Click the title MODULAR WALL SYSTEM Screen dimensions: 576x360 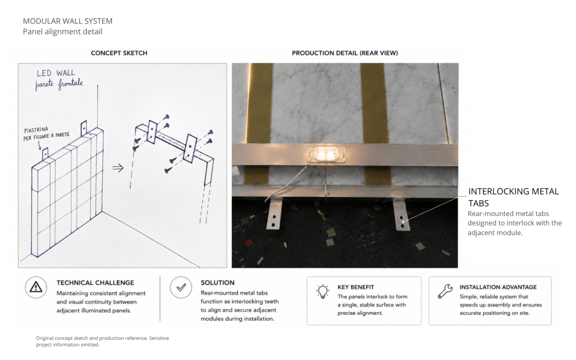pyautogui.click(x=67, y=21)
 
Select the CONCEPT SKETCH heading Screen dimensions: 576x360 pyautogui.click(x=119, y=53)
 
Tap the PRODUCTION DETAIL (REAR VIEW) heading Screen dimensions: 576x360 pyautogui.click(x=345, y=53)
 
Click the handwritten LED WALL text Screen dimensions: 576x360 pyautogui.click(x=56, y=73)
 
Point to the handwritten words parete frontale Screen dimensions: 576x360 pyautogui.click(x=59, y=84)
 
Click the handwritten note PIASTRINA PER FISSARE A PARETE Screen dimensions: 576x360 pyautogui.click(x=46, y=134)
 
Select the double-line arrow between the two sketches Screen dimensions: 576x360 pyautogui.click(x=118, y=168)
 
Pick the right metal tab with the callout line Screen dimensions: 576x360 pyautogui.click(x=402, y=215)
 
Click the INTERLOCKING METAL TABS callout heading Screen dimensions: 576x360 pyautogui.click(x=514, y=197)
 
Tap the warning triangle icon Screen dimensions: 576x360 pyautogui.click(x=36, y=287)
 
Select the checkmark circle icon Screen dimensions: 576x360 pyautogui.click(x=181, y=287)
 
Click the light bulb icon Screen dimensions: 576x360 pyautogui.click(x=322, y=291)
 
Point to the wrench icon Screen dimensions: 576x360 pyautogui.click(x=445, y=291)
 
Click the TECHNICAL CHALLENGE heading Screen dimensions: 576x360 pyautogui.click(x=95, y=283)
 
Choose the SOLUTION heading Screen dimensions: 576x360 pyautogui.click(x=218, y=283)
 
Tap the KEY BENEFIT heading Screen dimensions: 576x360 pyautogui.click(x=355, y=287)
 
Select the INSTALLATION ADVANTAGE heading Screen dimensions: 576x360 pyautogui.click(x=498, y=287)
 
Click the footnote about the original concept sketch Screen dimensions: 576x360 pyautogui.click(x=102, y=341)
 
